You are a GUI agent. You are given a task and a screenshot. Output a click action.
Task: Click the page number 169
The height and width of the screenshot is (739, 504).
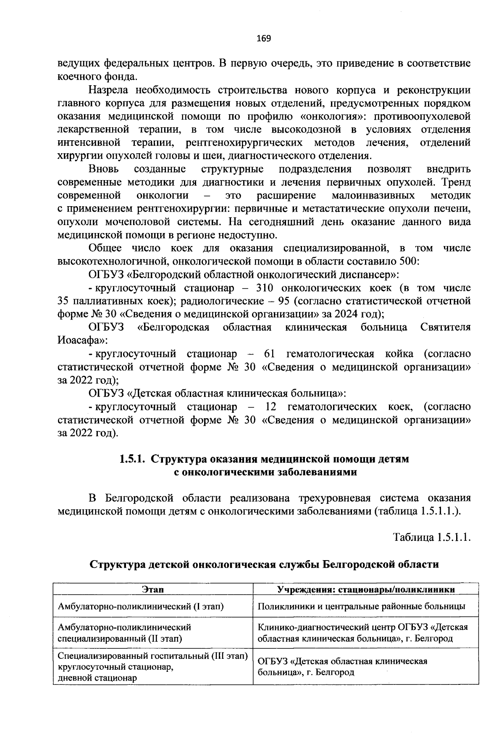[264, 39]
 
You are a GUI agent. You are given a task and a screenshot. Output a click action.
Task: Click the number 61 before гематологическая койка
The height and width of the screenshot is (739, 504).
[269, 354]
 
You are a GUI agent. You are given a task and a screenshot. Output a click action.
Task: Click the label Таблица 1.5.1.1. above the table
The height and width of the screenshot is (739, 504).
[431, 537]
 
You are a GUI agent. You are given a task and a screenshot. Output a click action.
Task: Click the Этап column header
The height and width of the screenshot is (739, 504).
[153, 590]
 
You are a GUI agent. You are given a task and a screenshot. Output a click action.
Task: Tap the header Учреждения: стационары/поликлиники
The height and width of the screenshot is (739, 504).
[365, 590]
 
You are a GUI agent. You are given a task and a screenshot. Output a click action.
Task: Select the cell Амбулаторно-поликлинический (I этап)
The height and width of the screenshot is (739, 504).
[141, 606]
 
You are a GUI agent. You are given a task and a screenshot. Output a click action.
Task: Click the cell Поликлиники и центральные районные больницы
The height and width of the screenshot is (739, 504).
[361, 606]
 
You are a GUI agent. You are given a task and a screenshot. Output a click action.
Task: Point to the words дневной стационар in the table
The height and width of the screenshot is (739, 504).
[97, 678]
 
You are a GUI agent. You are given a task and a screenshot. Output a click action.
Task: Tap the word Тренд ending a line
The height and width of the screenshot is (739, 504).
[455, 183]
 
